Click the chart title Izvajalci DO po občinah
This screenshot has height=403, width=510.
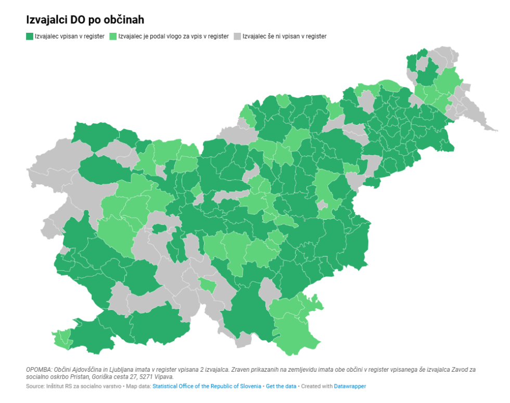click(85, 20)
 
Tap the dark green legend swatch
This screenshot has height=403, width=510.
click(30, 36)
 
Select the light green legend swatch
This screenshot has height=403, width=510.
click(113, 36)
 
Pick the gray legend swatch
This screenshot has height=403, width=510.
click(237, 36)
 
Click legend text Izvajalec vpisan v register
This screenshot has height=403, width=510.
click(69, 36)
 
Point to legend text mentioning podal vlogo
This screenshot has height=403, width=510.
click(173, 36)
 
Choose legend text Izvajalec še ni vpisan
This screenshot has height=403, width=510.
click(284, 36)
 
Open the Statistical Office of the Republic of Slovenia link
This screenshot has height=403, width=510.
click(207, 386)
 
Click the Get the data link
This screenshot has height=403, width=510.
click(281, 386)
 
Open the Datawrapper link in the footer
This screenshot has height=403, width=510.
click(350, 386)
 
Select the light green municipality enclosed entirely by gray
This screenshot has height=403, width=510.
click(207, 285)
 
